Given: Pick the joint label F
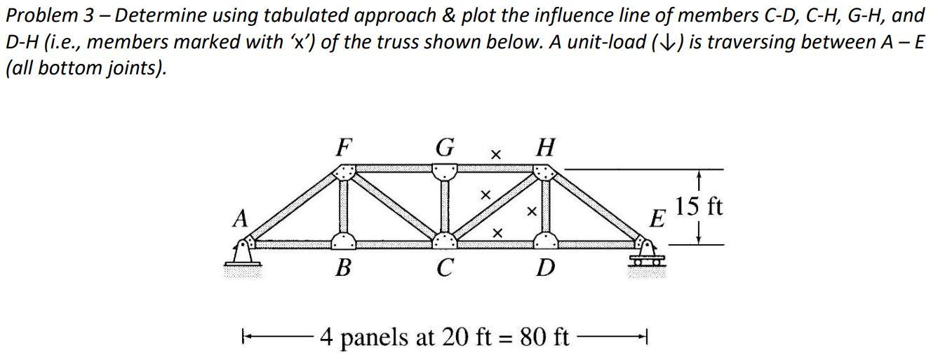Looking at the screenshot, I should [343, 149].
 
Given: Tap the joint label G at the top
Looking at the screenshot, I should [444, 149].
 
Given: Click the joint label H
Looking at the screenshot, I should [544, 149].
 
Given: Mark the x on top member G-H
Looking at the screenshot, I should [495, 153].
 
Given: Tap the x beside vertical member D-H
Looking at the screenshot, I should [531, 209].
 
